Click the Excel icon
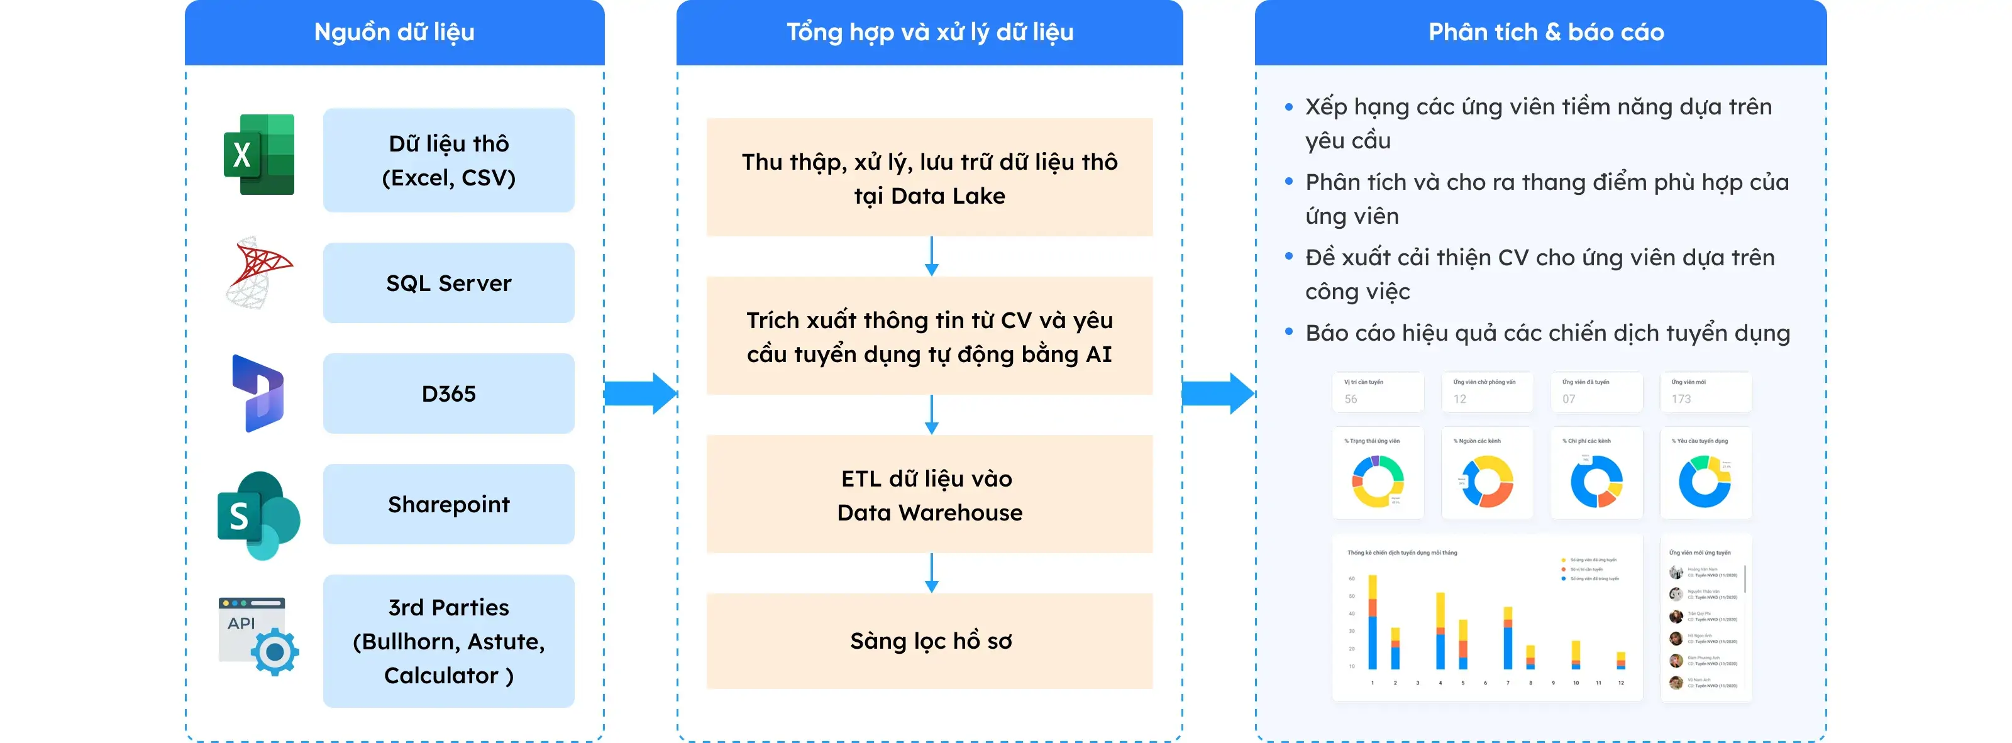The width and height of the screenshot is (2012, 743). (258, 155)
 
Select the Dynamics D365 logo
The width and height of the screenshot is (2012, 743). (258, 394)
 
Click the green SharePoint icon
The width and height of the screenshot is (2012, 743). (258, 515)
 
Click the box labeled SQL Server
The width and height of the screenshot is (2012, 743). (448, 282)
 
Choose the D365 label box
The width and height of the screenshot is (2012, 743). (448, 394)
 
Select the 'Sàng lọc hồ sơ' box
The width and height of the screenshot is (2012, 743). (929, 641)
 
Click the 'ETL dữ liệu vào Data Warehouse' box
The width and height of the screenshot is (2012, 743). (929, 494)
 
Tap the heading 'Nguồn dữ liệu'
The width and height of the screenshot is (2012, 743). (394, 32)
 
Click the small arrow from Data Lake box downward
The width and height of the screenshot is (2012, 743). (931, 256)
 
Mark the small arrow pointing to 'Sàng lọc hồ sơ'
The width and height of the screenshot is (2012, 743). (931, 573)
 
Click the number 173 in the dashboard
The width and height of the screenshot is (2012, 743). (1681, 399)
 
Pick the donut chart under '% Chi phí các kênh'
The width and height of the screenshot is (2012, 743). (1596, 482)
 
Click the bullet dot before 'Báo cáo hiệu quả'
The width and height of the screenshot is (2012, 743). (1289, 333)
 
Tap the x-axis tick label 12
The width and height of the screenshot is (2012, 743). (1621, 683)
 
